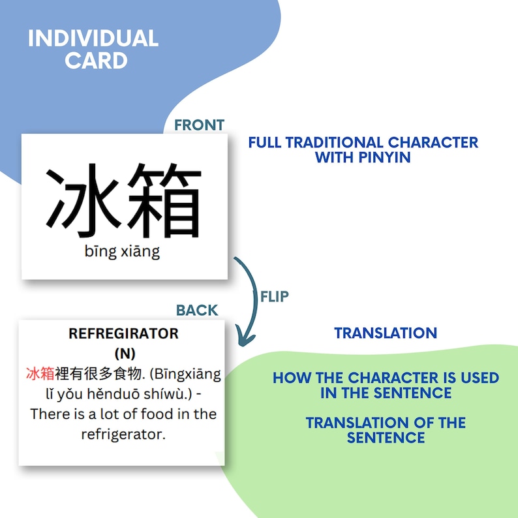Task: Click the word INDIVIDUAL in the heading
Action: click(93, 38)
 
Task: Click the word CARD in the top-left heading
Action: click(96, 61)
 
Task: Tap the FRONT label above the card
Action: click(199, 125)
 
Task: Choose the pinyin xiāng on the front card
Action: click(141, 252)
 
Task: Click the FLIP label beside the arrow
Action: click(274, 296)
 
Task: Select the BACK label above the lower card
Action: click(197, 310)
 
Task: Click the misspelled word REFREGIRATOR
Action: click(123, 333)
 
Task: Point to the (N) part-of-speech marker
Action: click(124, 354)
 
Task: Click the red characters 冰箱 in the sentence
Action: click(40, 374)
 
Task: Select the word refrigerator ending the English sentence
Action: click(123, 434)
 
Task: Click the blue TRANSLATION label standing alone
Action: click(386, 333)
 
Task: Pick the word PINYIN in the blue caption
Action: click(385, 157)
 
